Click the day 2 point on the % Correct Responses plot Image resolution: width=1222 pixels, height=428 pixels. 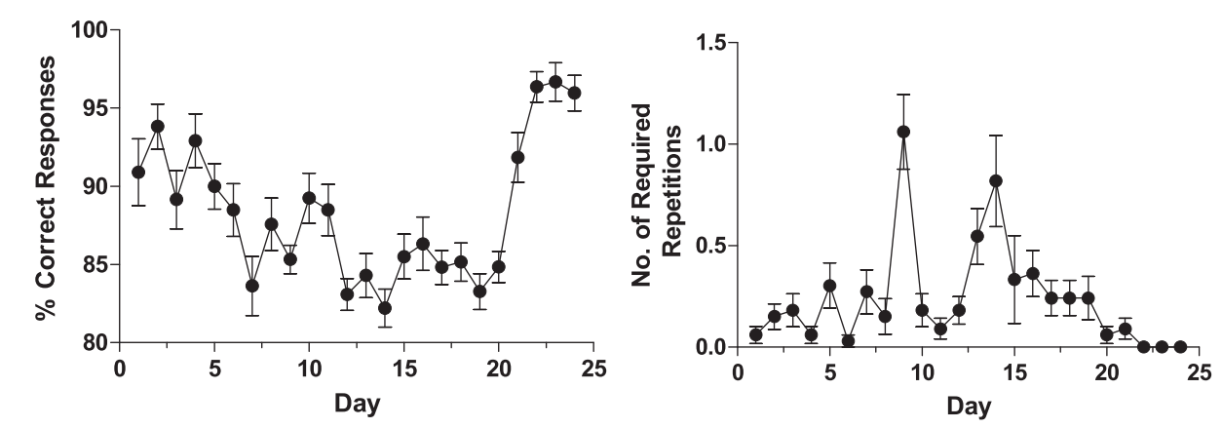(157, 127)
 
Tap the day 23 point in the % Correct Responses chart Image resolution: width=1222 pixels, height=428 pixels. (555, 82)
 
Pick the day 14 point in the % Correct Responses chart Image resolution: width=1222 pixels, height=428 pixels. (385, 308)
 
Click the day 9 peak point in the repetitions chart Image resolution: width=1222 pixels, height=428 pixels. (903, 132)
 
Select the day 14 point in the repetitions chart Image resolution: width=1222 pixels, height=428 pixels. (996, 180)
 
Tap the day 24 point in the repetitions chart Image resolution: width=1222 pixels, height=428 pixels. (1180, 346)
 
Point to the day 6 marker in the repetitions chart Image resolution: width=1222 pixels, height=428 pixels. (849, 341)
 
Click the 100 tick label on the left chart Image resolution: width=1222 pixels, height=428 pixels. (90, 30)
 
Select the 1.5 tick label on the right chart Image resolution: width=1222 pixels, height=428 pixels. (709, 43)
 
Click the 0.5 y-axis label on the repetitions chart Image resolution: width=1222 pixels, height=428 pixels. (709, 246)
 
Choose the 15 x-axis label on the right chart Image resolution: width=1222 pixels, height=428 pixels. (1014, 371)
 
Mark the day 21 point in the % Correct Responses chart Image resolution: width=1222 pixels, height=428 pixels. (517, 157)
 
